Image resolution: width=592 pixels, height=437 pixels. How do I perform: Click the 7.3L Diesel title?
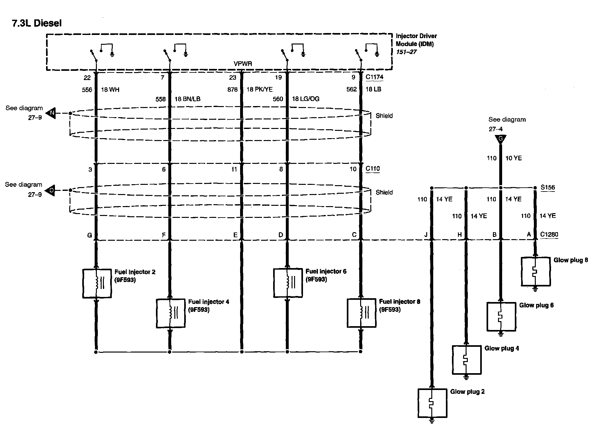pos(37,23)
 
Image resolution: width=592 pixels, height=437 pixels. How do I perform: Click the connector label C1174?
pos(374,77)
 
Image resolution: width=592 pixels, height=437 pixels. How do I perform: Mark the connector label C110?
pos(373,169)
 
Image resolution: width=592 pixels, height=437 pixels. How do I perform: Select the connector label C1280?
pos(549,235)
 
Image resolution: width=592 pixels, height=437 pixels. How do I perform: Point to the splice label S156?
pos(548,187)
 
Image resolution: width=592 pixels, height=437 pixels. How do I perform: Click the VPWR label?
pos(243,64)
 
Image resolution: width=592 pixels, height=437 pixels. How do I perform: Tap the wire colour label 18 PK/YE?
pos(259,90)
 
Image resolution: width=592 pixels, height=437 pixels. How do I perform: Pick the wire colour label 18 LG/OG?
pos(306,99)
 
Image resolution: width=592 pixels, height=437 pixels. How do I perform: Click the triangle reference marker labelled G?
pos(501,139)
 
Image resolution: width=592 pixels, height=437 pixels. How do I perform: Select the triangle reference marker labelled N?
pos(51,113)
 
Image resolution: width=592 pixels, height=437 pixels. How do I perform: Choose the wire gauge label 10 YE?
pos(513,158)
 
